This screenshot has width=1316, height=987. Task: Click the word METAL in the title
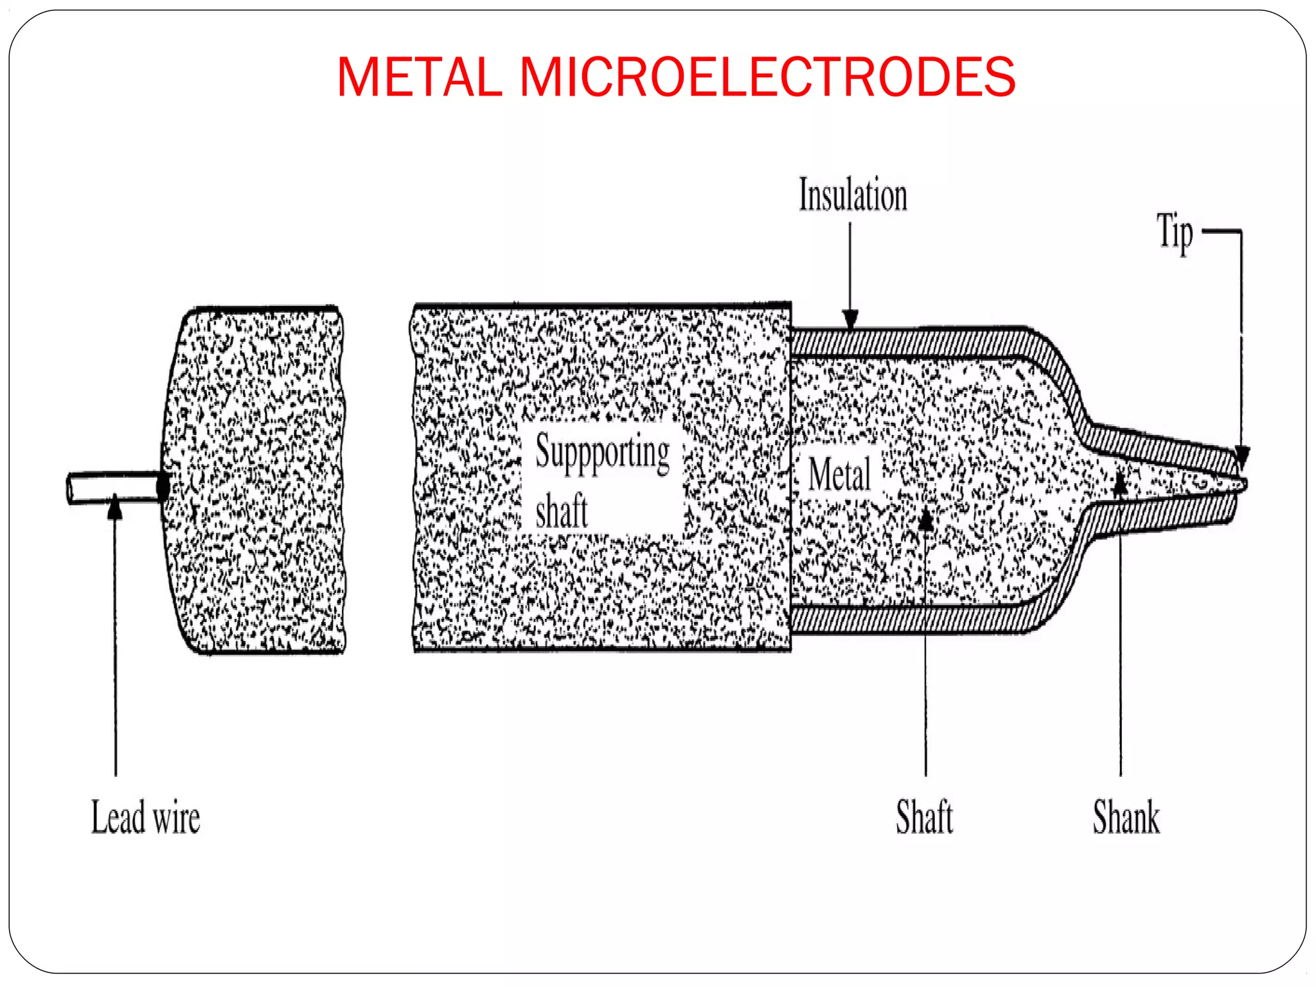(419, 77)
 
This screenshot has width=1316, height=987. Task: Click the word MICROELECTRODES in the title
(767, 77)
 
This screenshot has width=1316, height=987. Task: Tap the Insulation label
(853, 195)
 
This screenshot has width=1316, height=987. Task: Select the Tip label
(1175, 233)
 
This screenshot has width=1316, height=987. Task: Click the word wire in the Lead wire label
(176, 819)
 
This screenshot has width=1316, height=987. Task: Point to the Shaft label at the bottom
(924, 817)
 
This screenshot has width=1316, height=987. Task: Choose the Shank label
(1126, 817)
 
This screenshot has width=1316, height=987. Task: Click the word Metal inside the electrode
(839, 474)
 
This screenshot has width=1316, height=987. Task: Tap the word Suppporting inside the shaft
(602, 452)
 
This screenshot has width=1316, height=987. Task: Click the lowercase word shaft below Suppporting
(562, 511)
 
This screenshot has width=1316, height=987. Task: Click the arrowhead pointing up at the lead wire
(115, 508)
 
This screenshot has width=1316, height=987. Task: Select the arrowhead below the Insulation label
(850, 319)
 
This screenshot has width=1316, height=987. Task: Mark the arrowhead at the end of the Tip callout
(1241, 458)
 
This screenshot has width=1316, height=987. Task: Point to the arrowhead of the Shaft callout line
(925, 519)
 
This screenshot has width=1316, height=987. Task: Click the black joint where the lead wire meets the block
(163, 487)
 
